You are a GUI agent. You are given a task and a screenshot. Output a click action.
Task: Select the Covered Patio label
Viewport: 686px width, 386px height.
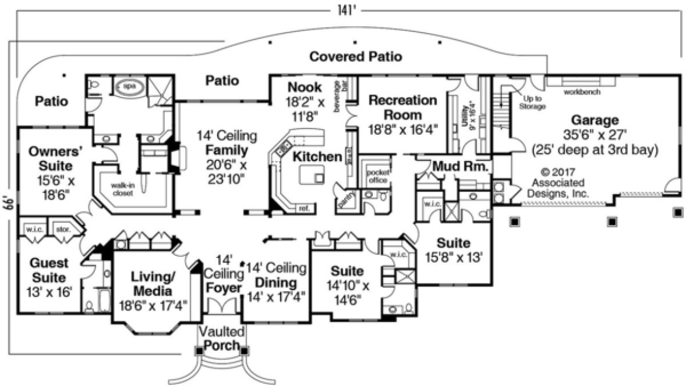pyautogui.click(x=355, y=57)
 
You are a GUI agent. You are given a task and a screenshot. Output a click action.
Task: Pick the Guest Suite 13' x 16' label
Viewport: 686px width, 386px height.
pyautogui.click(x=49, y=277)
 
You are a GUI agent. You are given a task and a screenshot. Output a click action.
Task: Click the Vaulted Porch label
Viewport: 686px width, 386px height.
pyautogui.click(x=219, y=338)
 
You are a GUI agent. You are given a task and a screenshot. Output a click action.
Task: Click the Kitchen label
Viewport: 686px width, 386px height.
pyautogui.click(x=316, y=156)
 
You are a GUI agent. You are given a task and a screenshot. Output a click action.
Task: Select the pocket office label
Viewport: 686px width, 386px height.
pyautogui.click(x=377, y=176)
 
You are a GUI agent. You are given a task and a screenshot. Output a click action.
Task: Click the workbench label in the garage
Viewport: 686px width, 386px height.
pyautogui.click(x=582, y=92)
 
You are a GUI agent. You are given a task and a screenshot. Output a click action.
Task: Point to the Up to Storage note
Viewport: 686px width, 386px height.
pyautogui.click(x=531, y=103)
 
